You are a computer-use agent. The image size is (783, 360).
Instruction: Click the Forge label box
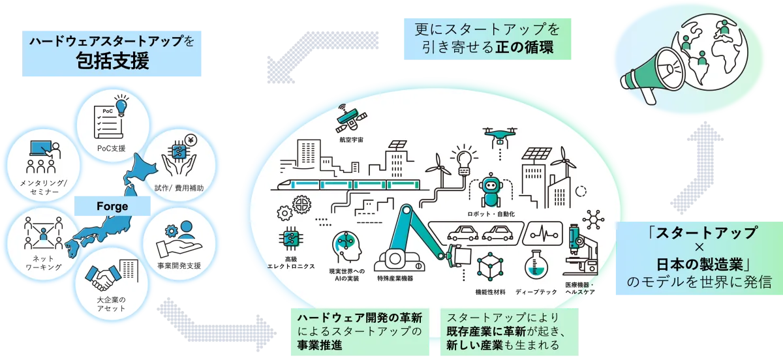tap(112, 206)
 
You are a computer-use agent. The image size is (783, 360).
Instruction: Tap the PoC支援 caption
tap(111, 149)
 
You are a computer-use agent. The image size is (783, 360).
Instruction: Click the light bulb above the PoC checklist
tap(121, 105)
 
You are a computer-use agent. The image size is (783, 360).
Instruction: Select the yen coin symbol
tap(191, 140)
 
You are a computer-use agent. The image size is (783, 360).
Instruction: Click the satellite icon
tap(350, 119)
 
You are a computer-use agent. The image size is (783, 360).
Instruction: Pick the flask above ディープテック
tap(536, 264)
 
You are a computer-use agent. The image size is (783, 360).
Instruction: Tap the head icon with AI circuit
tap(347, 247)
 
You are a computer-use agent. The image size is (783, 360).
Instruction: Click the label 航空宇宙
tap(351, 140)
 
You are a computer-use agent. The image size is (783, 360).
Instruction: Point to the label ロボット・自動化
tap(491, 214)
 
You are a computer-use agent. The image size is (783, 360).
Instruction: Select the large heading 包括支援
tap(112, 61)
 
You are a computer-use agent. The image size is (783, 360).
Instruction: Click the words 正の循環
tap(524, 47)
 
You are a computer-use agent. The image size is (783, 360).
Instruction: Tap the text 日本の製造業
tap(699, 265)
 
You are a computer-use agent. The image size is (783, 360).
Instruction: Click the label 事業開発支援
tap(179, 265)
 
